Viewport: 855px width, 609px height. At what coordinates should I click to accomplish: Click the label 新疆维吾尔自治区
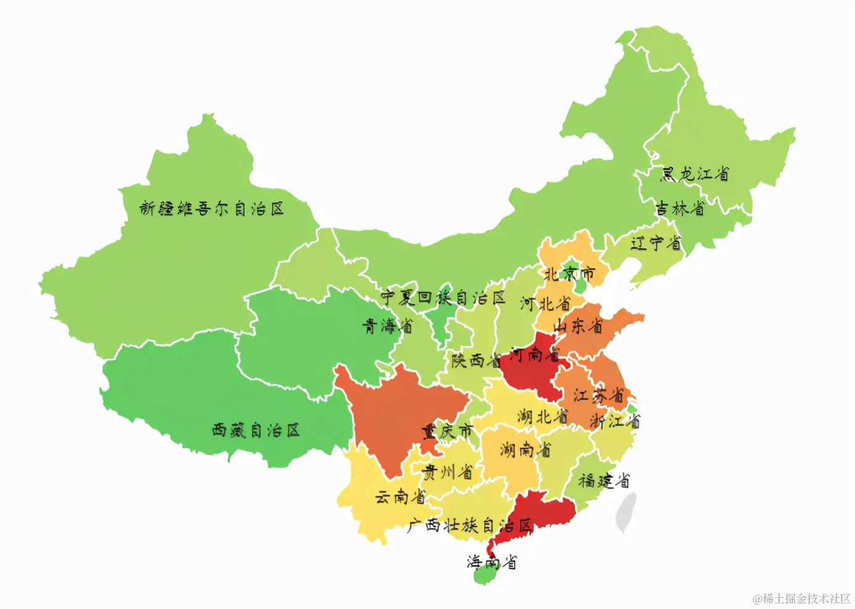[212, 209]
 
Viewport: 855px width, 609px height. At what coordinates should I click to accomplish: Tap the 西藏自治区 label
[255, 430]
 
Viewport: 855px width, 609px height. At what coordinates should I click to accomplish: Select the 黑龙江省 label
[695, 174]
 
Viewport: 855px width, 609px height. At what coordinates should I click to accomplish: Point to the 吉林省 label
[679, 209]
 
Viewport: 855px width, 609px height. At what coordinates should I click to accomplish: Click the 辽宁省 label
[656, 243]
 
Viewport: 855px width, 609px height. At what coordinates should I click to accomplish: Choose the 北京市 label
[569, 273]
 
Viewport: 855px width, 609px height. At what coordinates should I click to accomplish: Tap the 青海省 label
[387, 326]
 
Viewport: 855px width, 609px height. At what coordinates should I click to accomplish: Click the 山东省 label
[578, 325]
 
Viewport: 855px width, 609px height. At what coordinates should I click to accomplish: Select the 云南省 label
[400, 497]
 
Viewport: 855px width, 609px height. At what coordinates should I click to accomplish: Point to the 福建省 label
[604, 481]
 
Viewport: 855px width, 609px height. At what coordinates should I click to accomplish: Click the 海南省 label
[492, 562]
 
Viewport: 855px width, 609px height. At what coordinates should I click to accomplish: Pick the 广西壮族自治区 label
[469, 526]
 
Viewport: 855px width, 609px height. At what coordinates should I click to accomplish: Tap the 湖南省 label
[525, 450]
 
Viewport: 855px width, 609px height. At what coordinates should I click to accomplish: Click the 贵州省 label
[447, 472]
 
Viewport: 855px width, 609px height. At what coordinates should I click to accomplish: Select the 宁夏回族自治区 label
[442, 298]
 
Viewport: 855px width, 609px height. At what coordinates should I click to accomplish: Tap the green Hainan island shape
[486, 576]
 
